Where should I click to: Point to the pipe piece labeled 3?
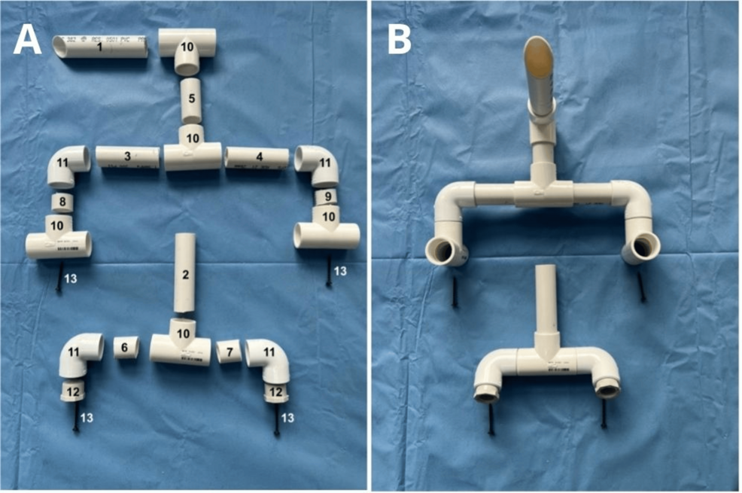tap(126, 157)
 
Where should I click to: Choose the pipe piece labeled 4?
tap(257, 157)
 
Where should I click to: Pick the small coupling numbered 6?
tap(126, 348)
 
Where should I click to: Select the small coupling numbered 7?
tap(230, 351)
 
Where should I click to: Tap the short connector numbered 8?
tap(62, 202)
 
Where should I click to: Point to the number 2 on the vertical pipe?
tap(185, 274)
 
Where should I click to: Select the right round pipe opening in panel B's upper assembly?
tap(642, 246)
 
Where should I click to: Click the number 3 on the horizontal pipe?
tap(128, 156)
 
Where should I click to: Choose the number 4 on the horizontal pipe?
tap(259, 157)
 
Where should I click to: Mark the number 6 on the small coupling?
tap(126, 348)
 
